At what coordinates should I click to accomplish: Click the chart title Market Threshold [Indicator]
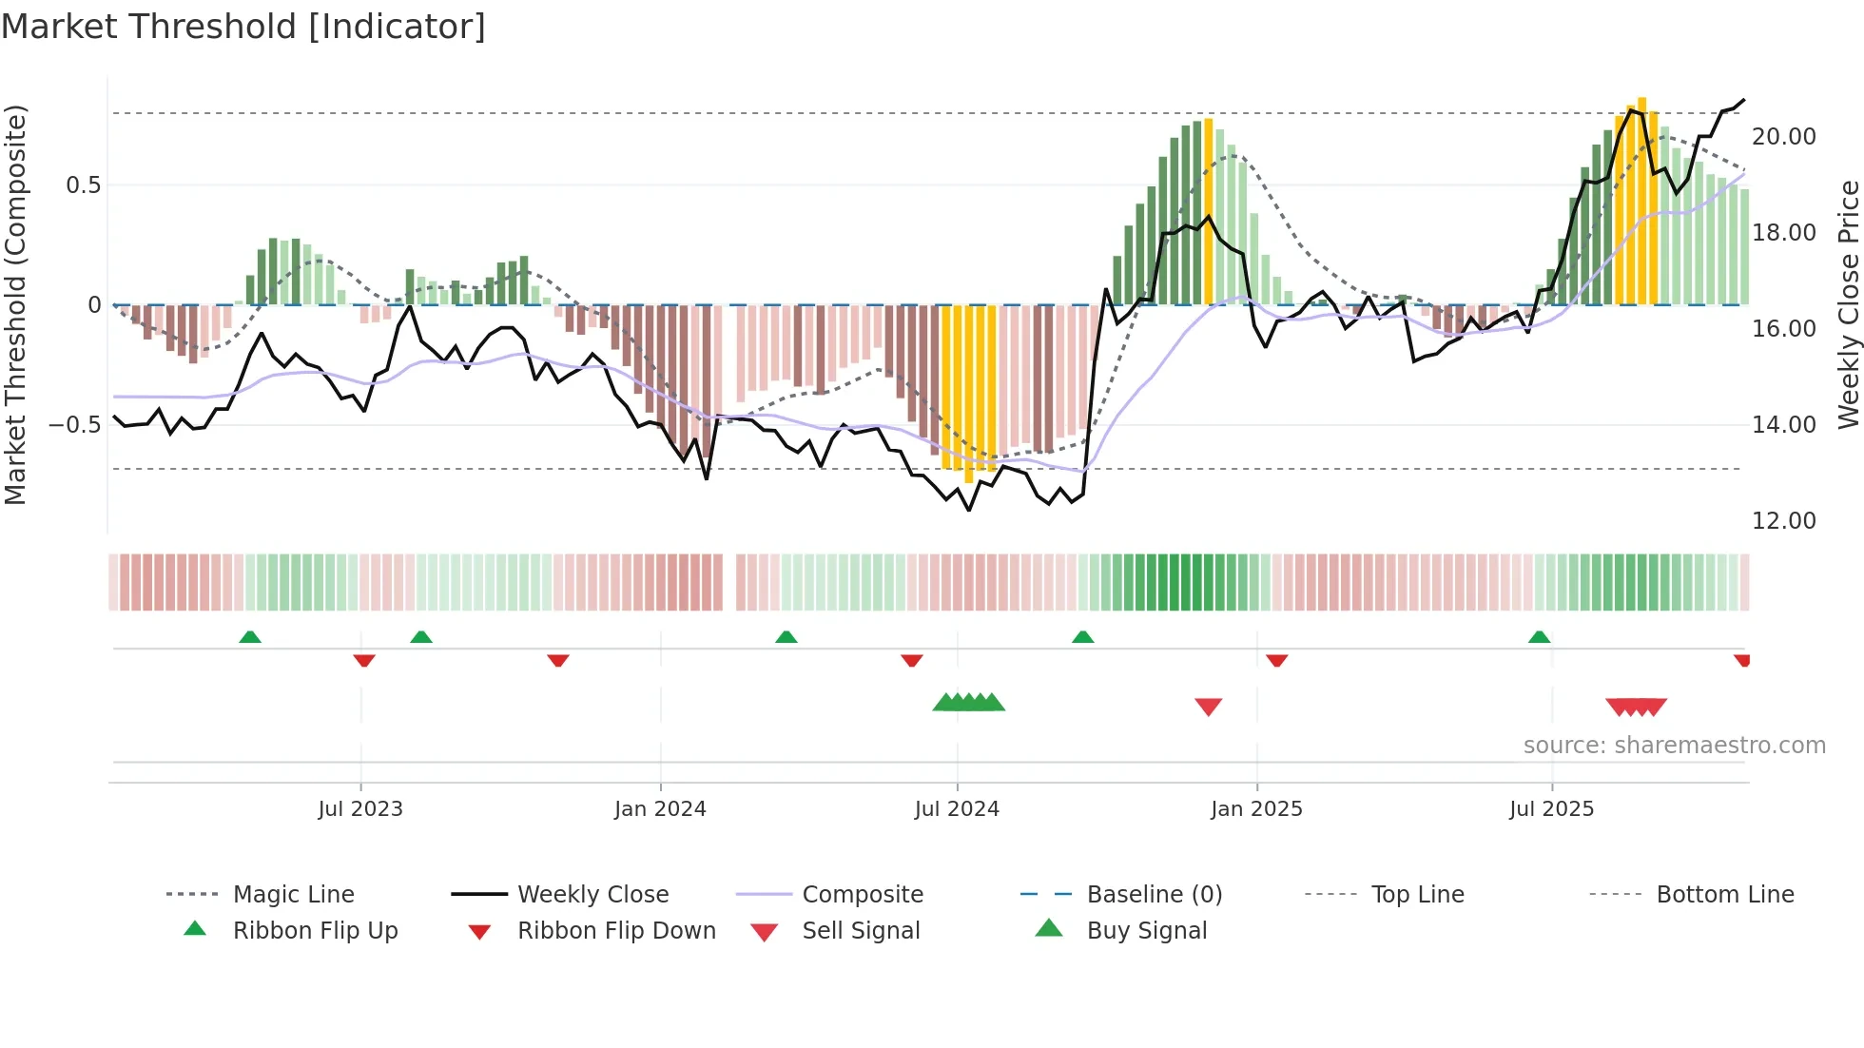(243, 27)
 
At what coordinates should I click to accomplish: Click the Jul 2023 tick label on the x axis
(360, 809)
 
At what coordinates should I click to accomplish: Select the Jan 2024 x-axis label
(660, 809)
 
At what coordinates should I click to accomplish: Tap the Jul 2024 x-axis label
(957, 809)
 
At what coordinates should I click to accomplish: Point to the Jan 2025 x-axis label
(1256, 809)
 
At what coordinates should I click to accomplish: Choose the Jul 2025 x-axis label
(1551, 809)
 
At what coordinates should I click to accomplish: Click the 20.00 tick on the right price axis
(1784, 137)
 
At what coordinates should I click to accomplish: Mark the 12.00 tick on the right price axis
(1784, 521)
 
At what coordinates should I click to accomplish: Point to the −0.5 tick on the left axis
(75, 425)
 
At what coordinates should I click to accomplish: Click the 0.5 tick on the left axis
(84, 185)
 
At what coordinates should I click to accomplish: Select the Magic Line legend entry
(293, 895)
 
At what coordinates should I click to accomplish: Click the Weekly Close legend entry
(592, 895)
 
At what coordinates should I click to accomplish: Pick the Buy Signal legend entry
(1146, 931)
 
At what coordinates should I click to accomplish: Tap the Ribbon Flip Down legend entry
(616, 931)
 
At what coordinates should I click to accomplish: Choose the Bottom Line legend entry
(1724, 895)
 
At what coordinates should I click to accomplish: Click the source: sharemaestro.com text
(1674, 746)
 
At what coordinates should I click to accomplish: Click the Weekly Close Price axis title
(1848, 304)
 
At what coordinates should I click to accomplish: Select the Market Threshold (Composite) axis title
(16, 304)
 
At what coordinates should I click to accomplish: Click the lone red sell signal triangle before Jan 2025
(1208, 707)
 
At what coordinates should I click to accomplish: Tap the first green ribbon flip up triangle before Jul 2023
(250, 637)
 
